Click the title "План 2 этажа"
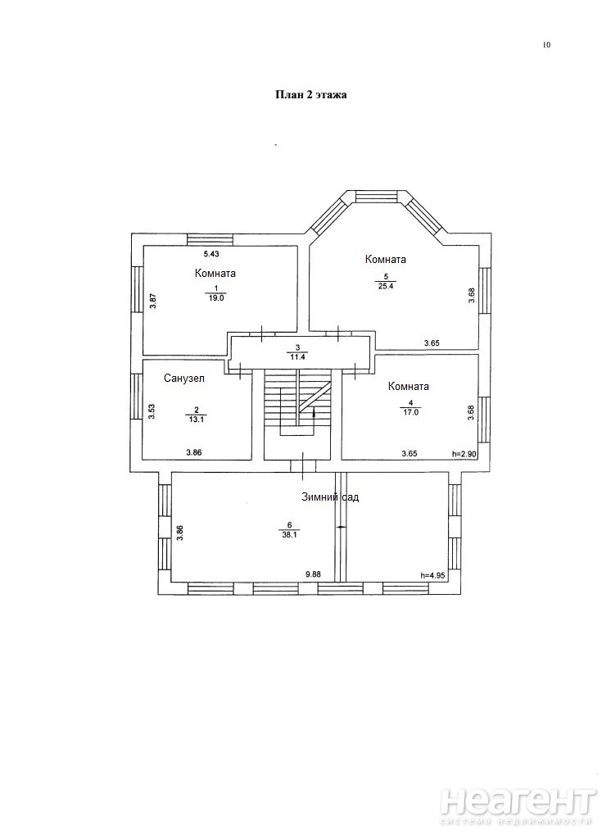coord(311,95)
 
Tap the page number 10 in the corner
coord(546,45)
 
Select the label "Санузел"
coord(184,379)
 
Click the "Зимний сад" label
coord(330,497)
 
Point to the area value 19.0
coord(216,298)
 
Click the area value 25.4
coord(385,284)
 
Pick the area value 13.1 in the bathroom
coord(197,419)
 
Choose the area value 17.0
coord(410,413)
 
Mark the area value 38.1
coord(289,534)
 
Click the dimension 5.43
coord(211,254)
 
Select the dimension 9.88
coord(313,574)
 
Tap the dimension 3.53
coord(152,411)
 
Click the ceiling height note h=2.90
coord(464,454)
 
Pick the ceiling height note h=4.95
coord(432,576)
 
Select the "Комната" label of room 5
coord(385,259)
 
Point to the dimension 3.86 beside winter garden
coord(180,533)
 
